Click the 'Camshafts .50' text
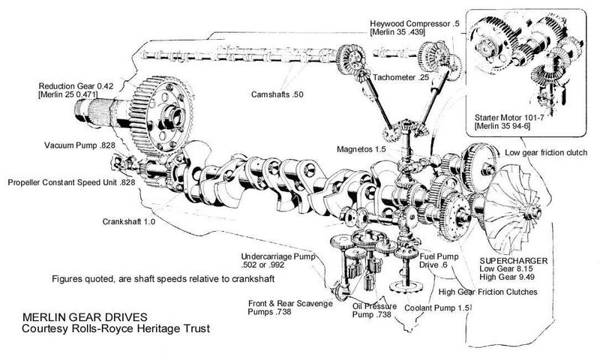click(x=280, y=94)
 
